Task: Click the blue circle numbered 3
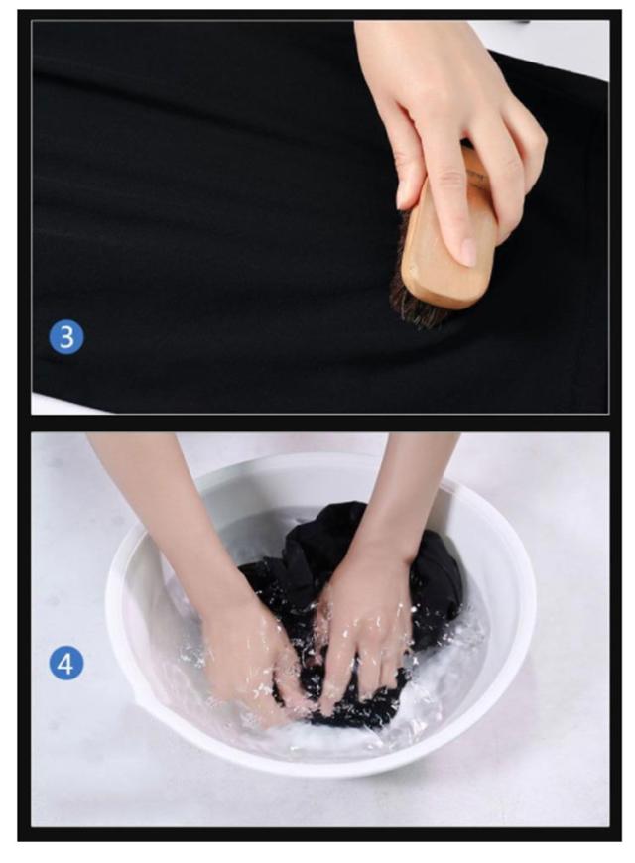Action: (66, 337)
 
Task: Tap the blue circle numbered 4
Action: (66, 663)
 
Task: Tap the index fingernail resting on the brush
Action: (468, 252)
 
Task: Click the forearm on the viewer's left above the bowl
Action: (166, 506)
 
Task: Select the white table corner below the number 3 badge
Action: (56, 404)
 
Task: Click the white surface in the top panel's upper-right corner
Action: (551, 44)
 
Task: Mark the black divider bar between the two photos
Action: (319, 423)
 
